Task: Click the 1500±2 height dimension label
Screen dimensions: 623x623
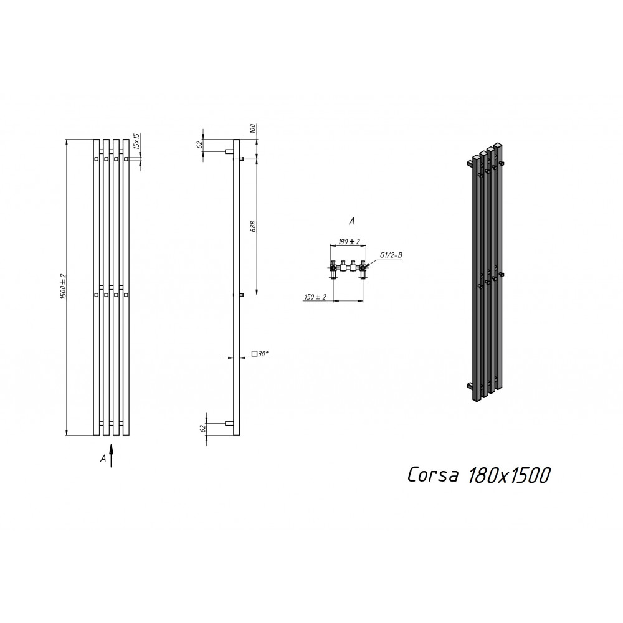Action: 62,287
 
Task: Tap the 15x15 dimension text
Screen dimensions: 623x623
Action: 136,141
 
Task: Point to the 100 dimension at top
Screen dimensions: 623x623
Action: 254,129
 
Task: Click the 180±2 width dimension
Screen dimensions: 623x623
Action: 349,242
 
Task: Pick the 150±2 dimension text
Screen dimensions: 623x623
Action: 315,297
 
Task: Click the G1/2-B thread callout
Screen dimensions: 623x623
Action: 391,255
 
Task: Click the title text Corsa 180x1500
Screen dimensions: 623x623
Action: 478,475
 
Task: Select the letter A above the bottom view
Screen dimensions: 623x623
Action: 351,221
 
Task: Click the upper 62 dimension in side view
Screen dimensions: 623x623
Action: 201,144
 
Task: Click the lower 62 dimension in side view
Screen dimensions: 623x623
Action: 202,429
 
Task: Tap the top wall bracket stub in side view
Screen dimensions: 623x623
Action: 229,151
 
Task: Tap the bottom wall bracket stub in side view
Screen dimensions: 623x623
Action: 229,423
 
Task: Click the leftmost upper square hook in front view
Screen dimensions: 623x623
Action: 97,159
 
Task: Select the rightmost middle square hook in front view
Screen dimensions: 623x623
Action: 126,295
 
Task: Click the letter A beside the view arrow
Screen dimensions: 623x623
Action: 103,459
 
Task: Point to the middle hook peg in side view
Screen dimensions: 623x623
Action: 242,295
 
